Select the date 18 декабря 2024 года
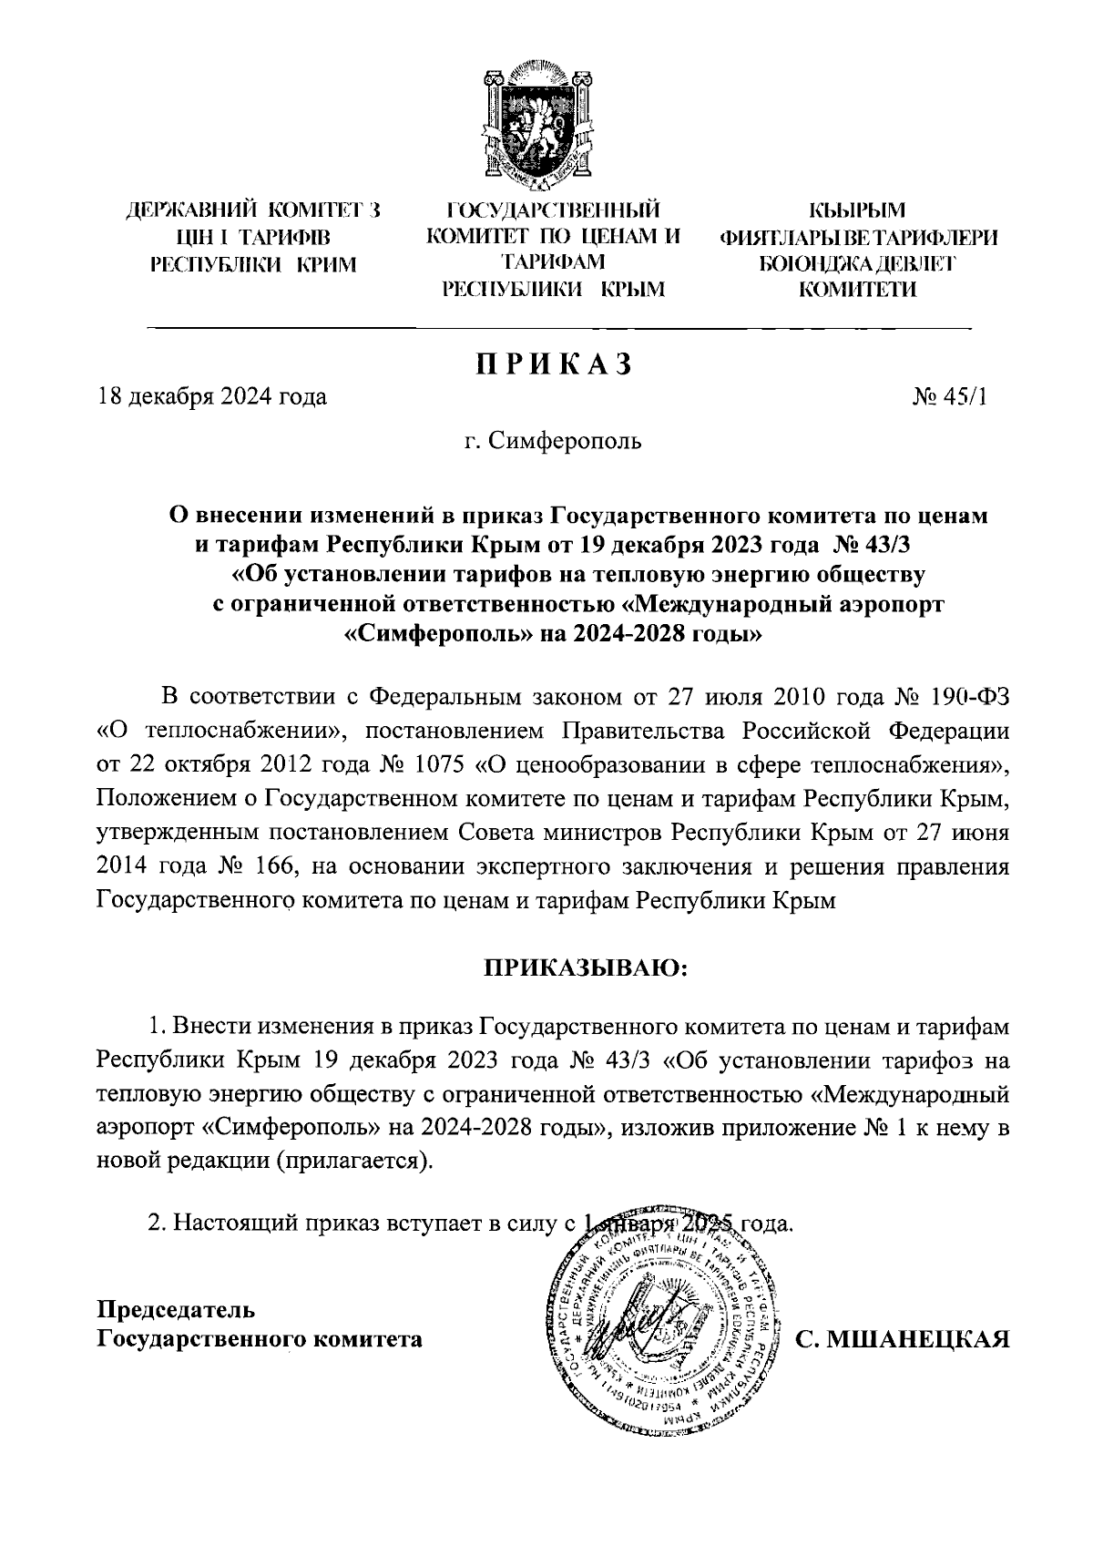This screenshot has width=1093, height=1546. coord(212,397)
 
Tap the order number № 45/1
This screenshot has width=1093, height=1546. coord(948,397)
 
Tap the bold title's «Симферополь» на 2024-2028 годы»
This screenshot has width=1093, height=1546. coord(556,634)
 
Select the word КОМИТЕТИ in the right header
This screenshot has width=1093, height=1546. coord(858,290)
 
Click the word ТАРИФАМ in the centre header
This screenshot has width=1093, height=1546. coord(553,264)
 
